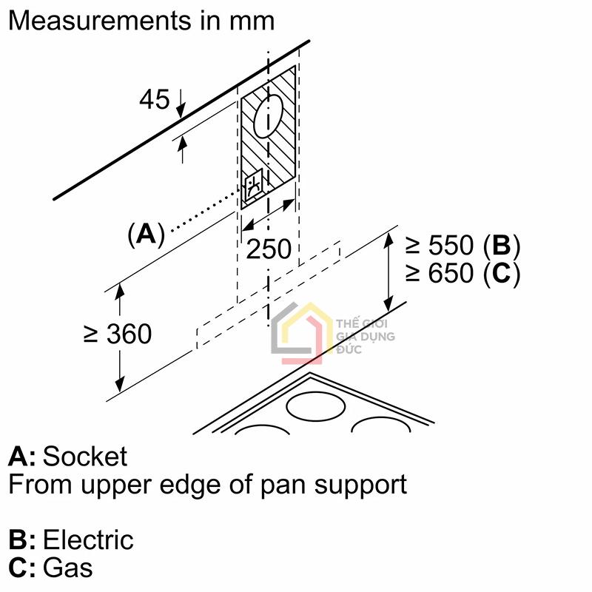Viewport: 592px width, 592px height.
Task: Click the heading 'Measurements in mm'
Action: click(141, 20)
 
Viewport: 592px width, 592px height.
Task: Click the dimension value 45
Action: click(155, 99)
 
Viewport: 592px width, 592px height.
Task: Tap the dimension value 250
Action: click(269, 249)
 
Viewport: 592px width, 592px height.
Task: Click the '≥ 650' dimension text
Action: click(438, 274)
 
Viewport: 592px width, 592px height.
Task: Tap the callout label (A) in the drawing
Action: click(146, 235)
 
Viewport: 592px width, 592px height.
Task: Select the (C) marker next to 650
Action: click(502, 274)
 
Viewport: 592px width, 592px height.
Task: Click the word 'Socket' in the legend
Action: click(85, 457)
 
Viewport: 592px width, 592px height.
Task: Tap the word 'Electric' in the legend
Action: click(88, 539)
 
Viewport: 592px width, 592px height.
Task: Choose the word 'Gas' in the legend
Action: click(68, 568)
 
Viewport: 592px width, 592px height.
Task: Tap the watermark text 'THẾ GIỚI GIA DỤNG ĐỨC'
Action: click(365, 337)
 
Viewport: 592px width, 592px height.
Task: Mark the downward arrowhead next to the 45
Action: click(181, 111)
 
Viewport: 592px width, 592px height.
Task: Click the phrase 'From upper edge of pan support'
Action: click(207, 485)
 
